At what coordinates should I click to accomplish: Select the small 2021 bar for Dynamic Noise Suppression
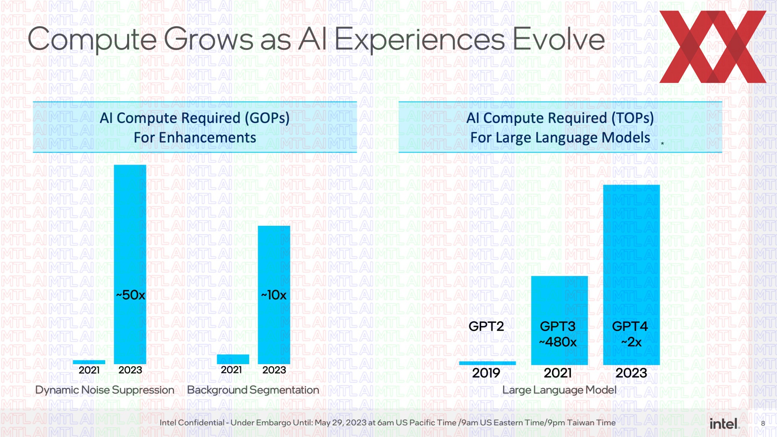tap(89, 362)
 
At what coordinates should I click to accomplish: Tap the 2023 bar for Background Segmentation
tap(274, 259)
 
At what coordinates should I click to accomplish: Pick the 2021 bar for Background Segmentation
tap(233, 359)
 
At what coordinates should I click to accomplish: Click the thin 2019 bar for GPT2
tap(487, 363)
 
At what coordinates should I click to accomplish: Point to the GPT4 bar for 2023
tap(631, 251)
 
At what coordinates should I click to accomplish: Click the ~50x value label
tap(130, 295)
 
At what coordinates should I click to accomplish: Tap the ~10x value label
tap(274, 295)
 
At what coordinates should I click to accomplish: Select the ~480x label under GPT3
tap(558, 342)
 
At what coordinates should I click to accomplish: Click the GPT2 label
tap(486, 326)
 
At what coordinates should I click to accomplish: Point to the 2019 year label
tap(486, 373)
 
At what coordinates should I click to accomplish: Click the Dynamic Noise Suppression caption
tap(104, 390)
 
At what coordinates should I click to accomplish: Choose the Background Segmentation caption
tap(253, 390)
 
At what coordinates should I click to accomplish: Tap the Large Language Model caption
tap(559, 390)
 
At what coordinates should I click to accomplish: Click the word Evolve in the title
tap(558, 39)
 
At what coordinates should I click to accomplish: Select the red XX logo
tap(713, 47)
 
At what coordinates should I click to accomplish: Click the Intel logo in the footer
tap(724, 423)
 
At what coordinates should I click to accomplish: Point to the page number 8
tap(763, 424)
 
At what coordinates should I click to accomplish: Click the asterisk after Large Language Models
tap(662, 144)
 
